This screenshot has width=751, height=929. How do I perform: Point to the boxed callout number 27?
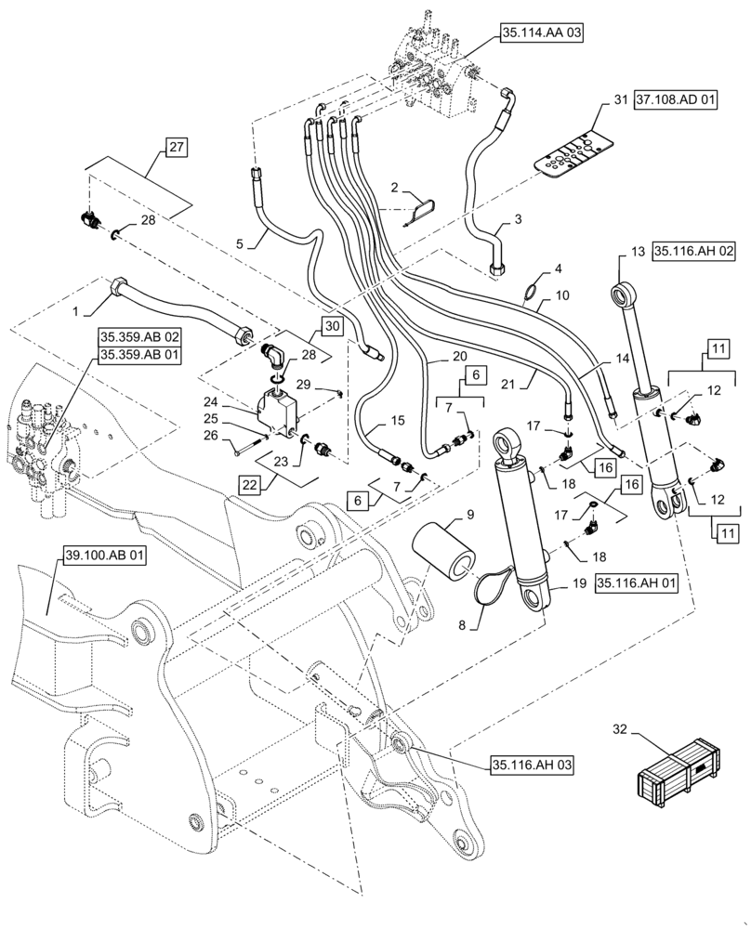pyautogui.click(x=176, y=145)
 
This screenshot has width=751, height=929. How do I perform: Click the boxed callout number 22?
pyautogui.click(x=248, y=485)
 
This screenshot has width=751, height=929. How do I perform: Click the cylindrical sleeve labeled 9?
pyautogui.click(x=447, y=552)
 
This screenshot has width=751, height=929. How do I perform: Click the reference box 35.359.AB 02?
pyautogui.click(x=133, y=339)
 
